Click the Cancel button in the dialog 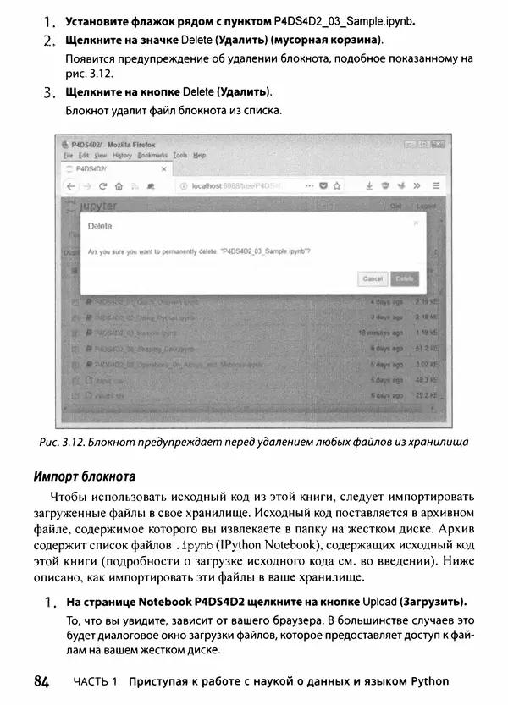[373, 278]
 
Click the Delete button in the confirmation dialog [405, 278]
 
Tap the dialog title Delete [100, 227]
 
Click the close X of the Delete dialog [415, 223]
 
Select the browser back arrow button [70, 185]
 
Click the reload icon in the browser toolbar [102, 185]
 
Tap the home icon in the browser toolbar [119, 185]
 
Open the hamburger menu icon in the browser [436, 185]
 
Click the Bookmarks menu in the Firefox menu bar [153, 156]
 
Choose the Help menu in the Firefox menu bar [199, 156]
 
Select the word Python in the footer [428, 682]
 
